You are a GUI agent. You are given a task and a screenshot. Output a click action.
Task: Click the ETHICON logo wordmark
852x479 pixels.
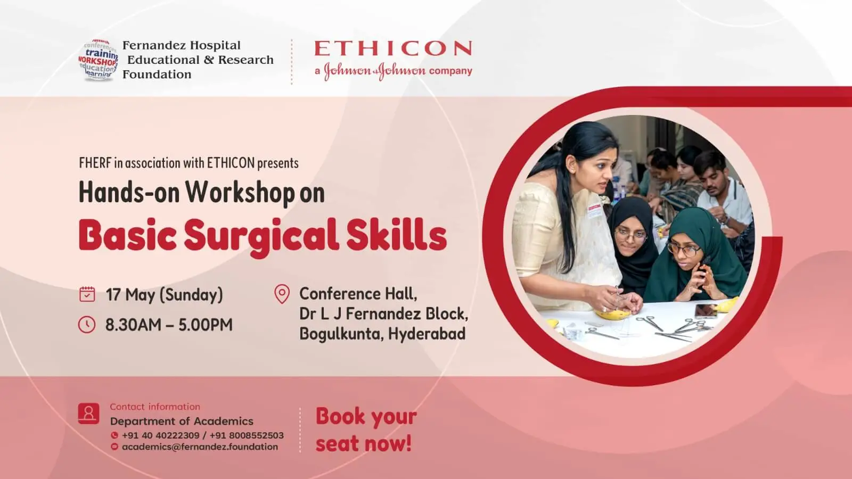(394, 48)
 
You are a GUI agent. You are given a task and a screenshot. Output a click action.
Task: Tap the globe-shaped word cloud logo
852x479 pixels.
(99, 60)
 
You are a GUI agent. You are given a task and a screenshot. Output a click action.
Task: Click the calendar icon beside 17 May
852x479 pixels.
(87, 294)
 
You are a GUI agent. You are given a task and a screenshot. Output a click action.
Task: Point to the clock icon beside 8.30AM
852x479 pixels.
(87, 325)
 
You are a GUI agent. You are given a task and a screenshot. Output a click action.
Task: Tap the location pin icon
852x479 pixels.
(282, 294)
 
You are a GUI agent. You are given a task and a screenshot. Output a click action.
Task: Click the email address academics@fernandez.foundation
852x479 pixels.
(200, 447)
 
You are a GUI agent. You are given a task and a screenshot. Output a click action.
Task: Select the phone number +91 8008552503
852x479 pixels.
(247, 435)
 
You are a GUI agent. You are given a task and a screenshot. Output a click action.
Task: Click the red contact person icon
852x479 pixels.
(88, 414)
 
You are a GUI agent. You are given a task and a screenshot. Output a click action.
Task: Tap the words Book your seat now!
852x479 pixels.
(366, 430)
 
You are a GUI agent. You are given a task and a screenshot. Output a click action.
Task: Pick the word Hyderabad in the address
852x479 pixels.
(427, 334)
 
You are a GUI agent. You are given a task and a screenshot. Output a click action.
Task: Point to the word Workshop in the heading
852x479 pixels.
(240, 193)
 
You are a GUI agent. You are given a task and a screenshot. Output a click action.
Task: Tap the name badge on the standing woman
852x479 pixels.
(594, 210)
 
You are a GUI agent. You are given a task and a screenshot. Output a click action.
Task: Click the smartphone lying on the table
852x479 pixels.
(706, 311)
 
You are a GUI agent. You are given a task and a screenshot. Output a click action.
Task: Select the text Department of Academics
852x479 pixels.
(182, 421)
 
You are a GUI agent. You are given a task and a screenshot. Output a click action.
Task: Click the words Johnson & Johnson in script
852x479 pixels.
(375, 71)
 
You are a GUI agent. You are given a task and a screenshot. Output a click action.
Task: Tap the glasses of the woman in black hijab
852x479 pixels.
(630, 235)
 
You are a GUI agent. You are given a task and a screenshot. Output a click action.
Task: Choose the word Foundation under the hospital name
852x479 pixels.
(157, 74)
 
